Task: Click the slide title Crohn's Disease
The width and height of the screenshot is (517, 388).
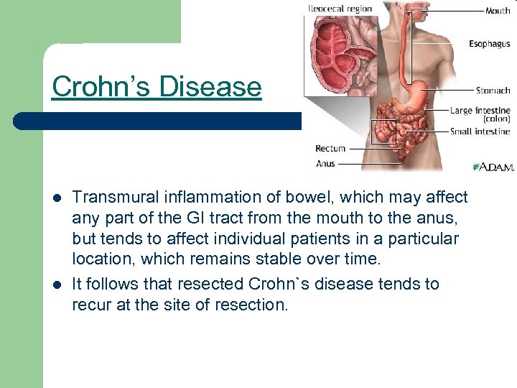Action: tap(157, 87)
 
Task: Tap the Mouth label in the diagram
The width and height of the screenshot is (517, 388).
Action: tap(498, 11)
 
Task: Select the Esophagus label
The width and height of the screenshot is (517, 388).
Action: tap(490, 44)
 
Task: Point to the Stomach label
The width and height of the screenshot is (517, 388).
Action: tap(493, 91)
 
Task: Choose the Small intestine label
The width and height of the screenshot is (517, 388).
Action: tap(480, 131)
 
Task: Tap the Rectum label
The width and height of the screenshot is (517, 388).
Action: tap(330, 149)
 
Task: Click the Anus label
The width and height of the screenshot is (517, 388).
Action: tap(325, 164)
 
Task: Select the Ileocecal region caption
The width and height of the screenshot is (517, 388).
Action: tap(340, 9)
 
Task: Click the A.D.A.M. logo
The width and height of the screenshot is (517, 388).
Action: tap(493, 167)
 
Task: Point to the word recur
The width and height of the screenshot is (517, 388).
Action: tap(90, 305)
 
